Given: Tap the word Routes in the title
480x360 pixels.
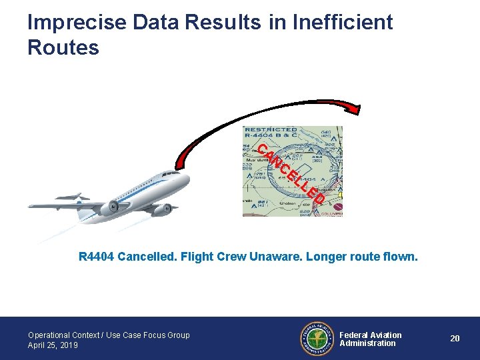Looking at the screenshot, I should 63,48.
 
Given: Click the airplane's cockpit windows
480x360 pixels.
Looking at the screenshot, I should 171,174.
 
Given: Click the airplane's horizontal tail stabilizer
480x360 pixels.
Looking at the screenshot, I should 73,197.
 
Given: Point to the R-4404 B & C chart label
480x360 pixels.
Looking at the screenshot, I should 271,137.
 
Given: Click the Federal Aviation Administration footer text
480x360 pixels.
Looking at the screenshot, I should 371,339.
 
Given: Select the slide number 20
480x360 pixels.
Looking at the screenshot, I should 455,339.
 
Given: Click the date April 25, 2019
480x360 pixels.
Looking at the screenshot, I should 53,345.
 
